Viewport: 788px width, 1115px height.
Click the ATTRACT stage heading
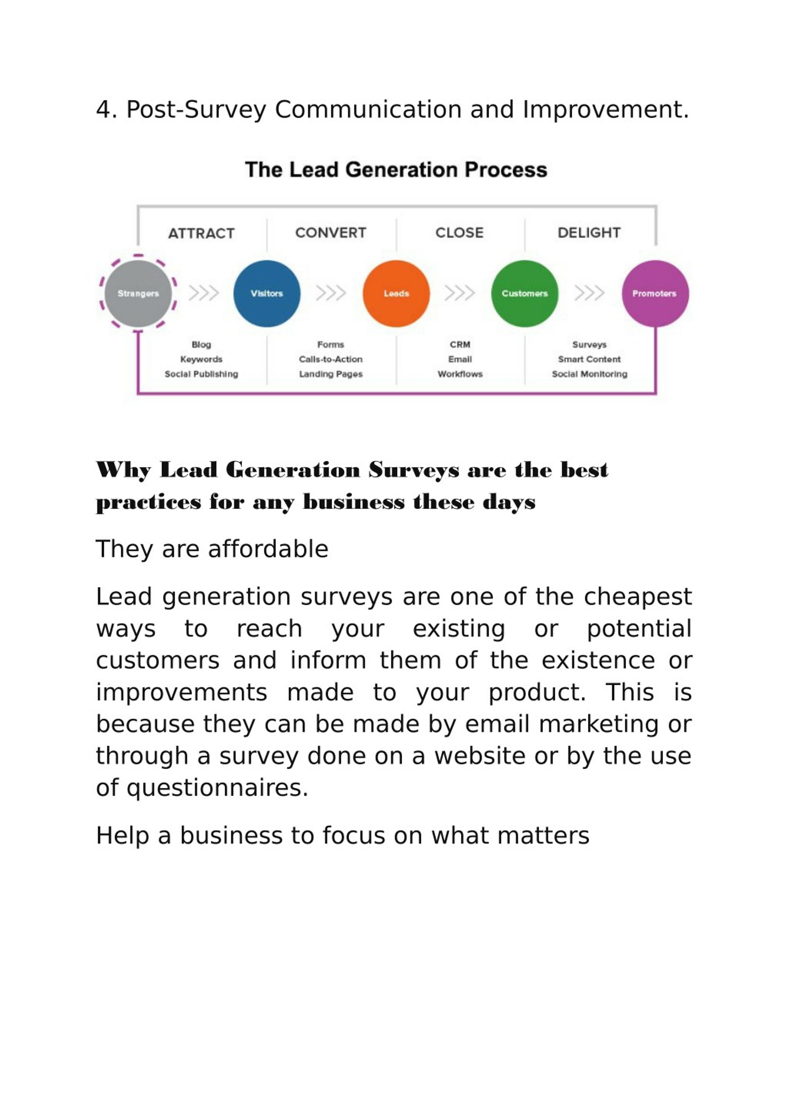[x=201, y=234]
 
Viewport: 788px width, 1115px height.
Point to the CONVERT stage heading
[x=331, y=233]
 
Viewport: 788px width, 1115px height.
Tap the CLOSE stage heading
[x=460, y=233]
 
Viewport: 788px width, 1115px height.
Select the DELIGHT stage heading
[x=589, y=233]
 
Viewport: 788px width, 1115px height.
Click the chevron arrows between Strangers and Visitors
[x=203, y=293]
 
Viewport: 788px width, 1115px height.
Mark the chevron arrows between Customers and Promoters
[x=589, y=293]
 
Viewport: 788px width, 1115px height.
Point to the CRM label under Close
[x=460, y=344]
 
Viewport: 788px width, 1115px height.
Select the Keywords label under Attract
[x=201, y=359]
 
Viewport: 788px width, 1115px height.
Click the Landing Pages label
[x=331, y=374]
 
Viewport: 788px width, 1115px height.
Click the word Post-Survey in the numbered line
[x=196, y=110]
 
